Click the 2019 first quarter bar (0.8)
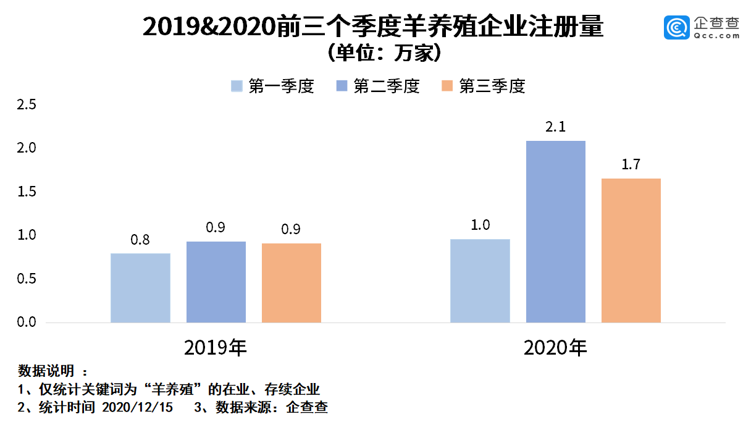pos(140,288)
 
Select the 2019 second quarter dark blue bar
pos(216,282)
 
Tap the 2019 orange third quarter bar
pos(292,283)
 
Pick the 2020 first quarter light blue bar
pos(480,280)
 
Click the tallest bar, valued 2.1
pos(556,232)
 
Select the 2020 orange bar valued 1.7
pos(631,250)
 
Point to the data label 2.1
pos(556,128)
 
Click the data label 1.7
pos(631,165)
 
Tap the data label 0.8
pos(140,240)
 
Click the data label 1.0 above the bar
pos(480,226)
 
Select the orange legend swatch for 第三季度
pos(447,86)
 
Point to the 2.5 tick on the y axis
pos(27,105)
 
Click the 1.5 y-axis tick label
pos(27,192)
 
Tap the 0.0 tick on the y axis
pos(27,322)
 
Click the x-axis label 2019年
pos(216,348)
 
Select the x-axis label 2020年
pos(555,348)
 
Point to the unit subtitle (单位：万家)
pos(375,54)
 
